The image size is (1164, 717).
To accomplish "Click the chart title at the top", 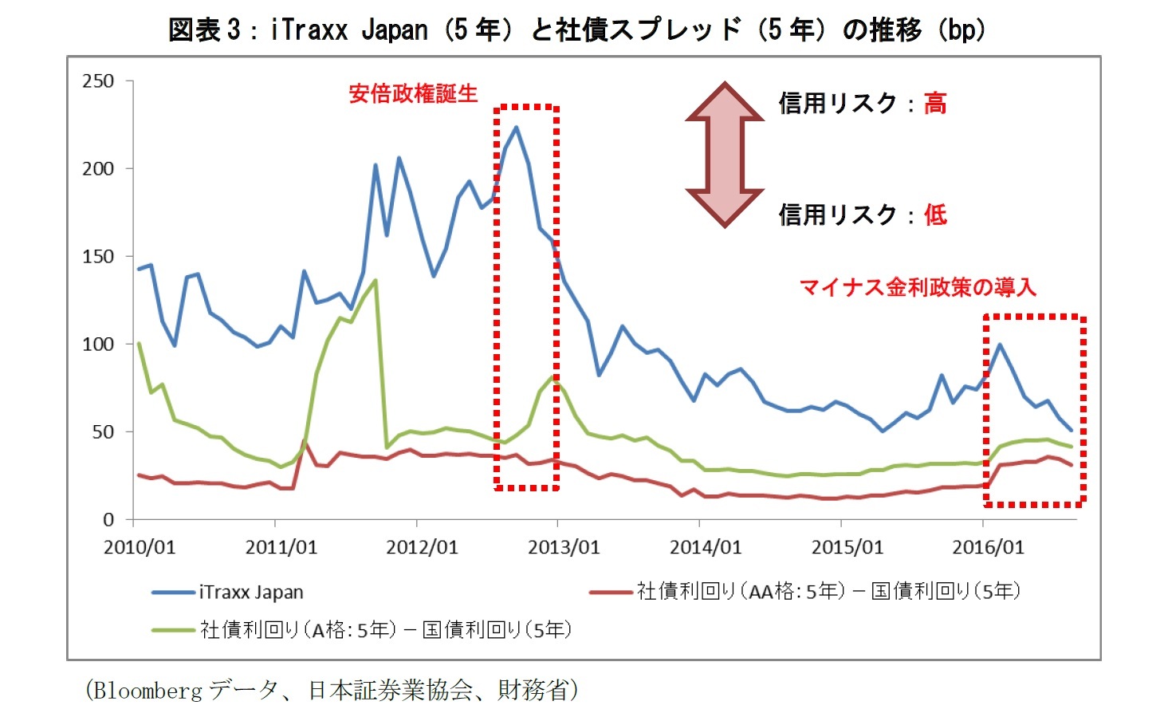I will point(576,30).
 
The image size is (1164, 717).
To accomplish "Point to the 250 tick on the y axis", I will point(98,81).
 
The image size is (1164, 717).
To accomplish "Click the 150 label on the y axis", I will point(98,257).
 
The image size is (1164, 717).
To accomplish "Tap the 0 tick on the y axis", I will point(108,520).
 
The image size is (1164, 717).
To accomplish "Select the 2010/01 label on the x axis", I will point(140,547).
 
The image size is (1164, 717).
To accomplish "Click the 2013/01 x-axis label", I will point(564,547).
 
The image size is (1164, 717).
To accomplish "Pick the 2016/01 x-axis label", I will point(988,547).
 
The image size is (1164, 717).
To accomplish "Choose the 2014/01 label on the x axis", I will point(705,547).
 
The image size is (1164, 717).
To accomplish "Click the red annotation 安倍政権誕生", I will point(413,94).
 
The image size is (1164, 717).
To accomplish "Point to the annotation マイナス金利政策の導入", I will point(918,287).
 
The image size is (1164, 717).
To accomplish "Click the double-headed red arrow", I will point(725,154).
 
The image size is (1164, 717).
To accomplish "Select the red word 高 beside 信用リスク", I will point(935,103).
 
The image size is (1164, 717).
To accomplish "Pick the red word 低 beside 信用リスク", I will point(935,215).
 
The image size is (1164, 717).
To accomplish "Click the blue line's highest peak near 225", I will point(516,127).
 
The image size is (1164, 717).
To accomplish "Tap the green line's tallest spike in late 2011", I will point(375,280).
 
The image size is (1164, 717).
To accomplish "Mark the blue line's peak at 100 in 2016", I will point(1000,345).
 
